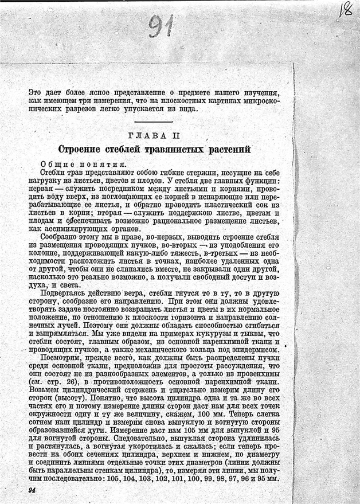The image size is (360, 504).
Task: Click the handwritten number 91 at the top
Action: click(162, 26)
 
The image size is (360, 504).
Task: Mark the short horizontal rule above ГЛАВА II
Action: click(154, 122)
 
